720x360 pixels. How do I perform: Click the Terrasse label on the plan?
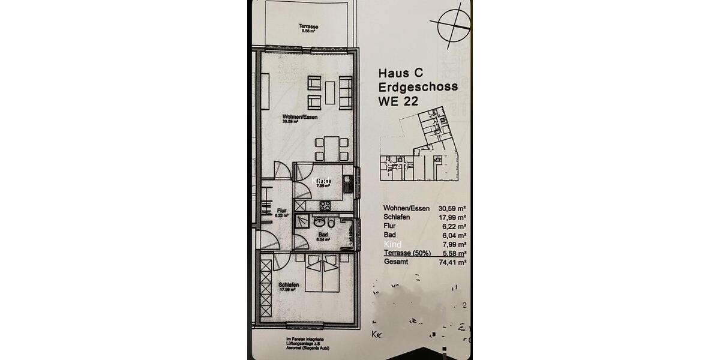308,27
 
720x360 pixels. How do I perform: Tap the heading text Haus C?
401,73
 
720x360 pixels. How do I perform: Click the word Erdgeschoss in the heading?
418,87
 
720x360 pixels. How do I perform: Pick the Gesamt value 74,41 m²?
453,262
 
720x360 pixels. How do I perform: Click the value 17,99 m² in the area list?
453,217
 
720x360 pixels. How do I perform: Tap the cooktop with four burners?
325,205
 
